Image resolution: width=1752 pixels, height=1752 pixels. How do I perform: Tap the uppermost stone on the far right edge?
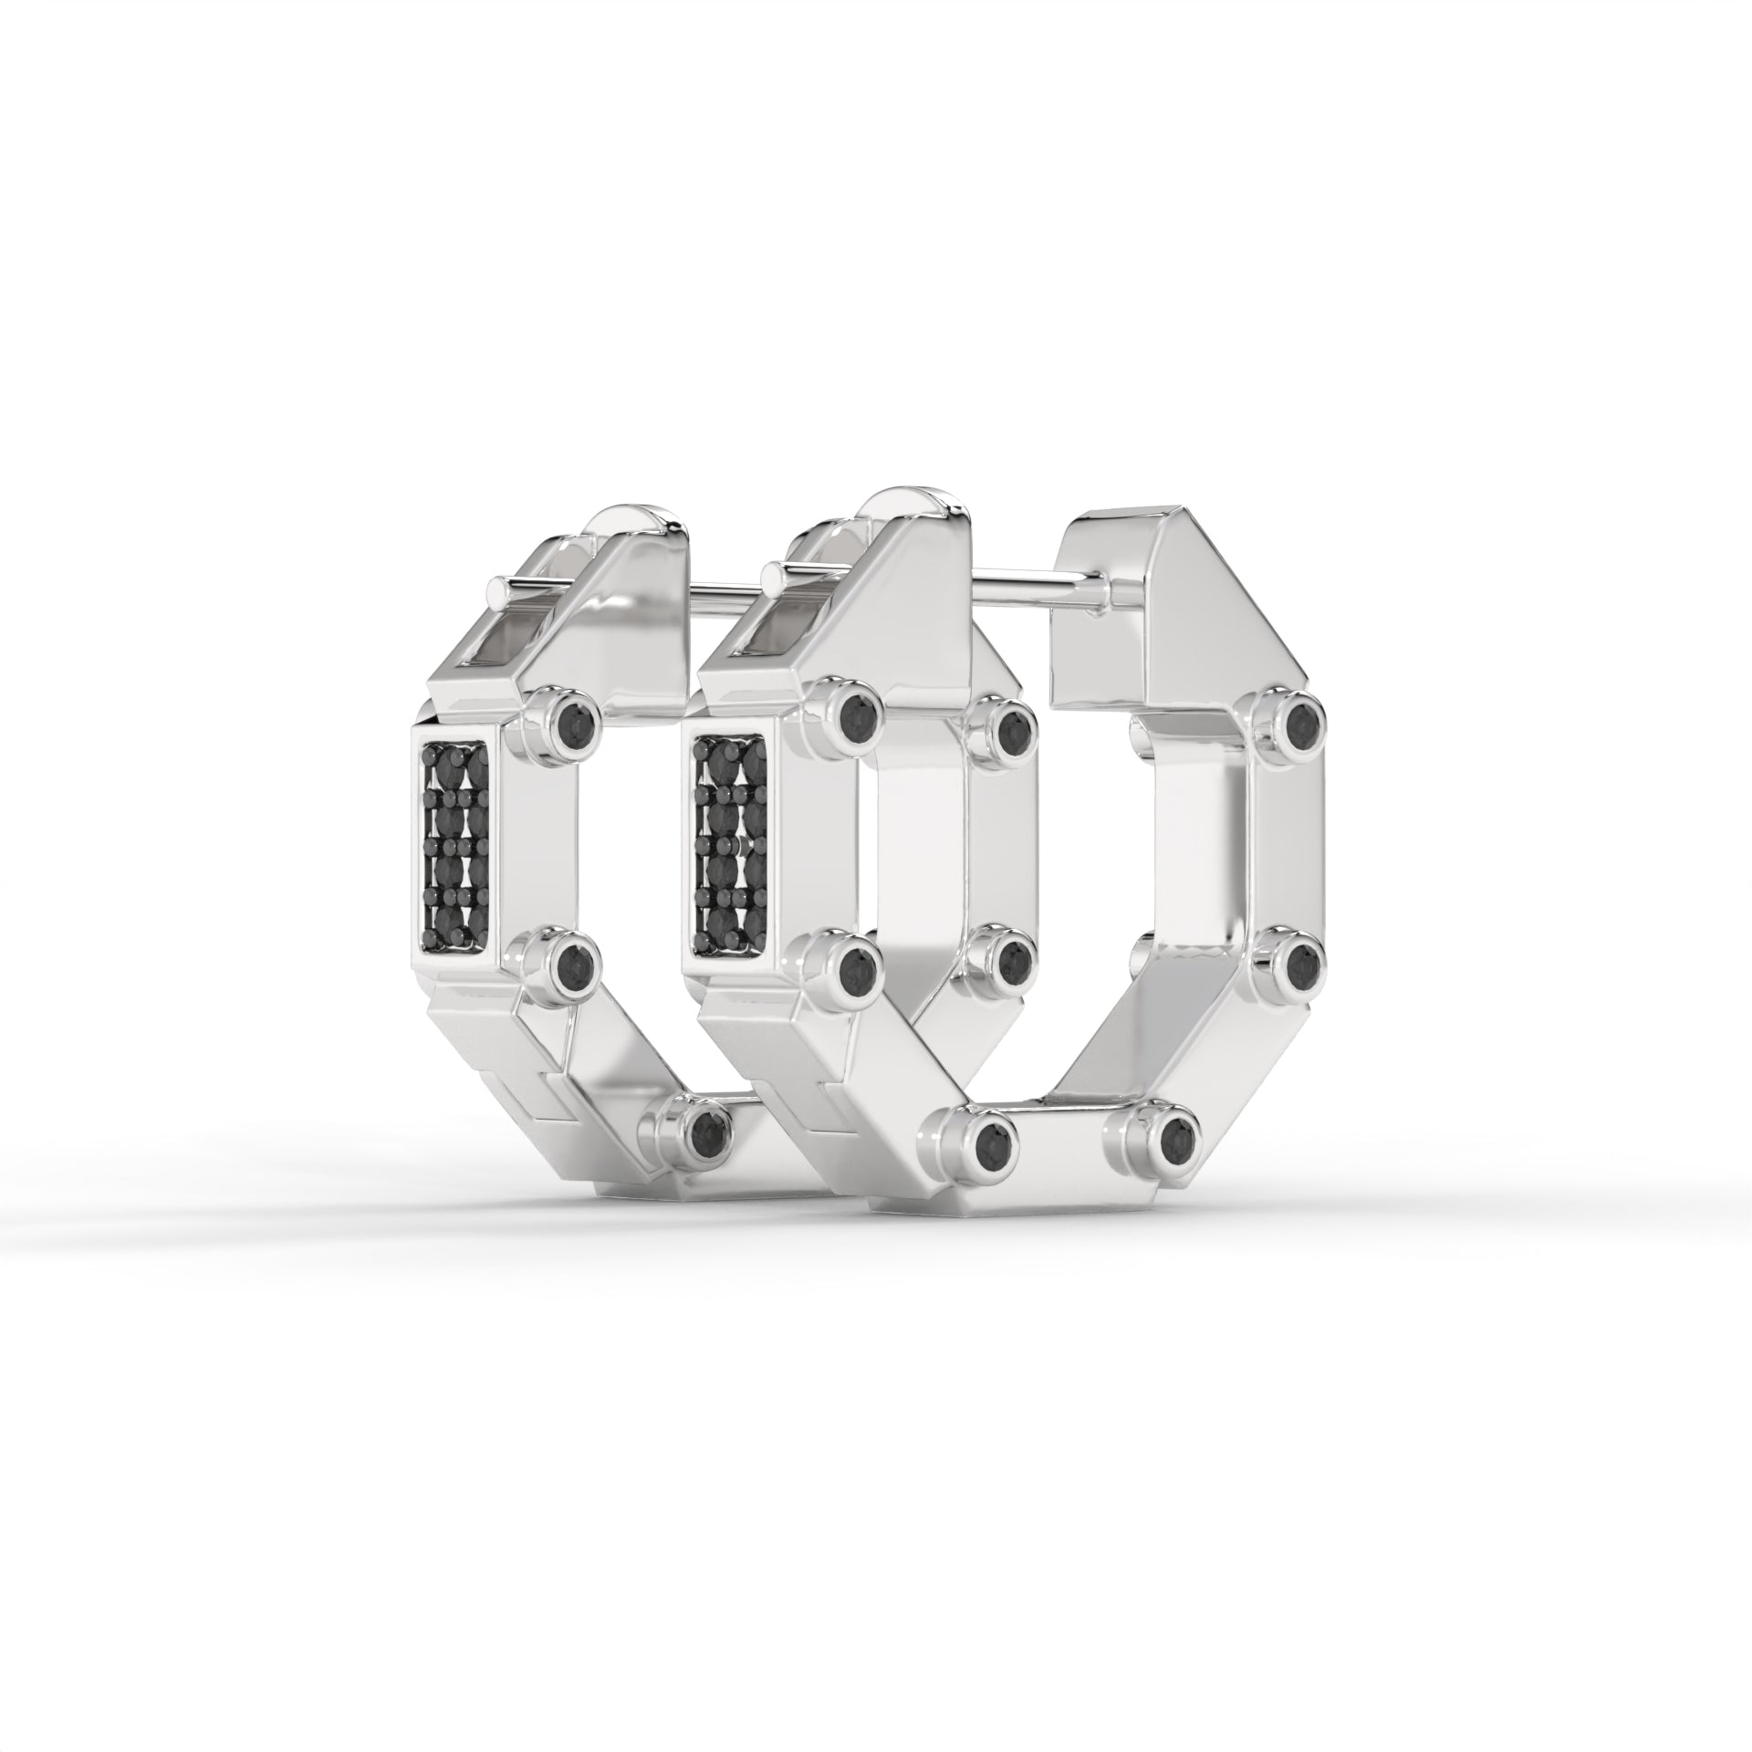[x=1299, y=700]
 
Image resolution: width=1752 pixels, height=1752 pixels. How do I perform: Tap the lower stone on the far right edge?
[x=1299, y=955]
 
